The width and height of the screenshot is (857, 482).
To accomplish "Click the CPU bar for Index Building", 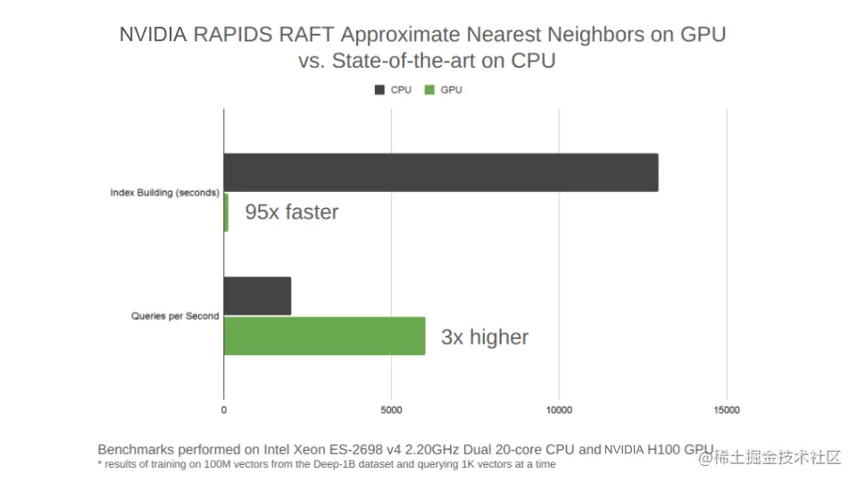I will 440,172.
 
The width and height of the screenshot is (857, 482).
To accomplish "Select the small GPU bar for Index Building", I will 226,212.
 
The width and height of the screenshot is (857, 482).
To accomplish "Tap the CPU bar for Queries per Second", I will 257,295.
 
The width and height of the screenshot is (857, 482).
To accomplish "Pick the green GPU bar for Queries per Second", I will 324,336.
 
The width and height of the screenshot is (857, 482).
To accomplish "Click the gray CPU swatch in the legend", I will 379,90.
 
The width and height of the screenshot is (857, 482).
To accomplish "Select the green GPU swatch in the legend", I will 428,90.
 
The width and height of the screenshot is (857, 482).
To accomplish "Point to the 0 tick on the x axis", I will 223,411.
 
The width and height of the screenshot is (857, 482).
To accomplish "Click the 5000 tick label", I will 391,411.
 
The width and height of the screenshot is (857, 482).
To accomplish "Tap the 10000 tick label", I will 559,411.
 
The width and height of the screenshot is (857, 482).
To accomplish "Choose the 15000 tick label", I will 726,411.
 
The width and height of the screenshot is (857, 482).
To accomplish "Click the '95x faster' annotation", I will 292,212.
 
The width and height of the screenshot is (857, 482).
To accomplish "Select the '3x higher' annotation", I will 485,337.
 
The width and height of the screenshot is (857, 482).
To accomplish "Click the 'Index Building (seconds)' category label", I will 164,192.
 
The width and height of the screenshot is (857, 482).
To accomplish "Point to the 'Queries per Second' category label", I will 175,316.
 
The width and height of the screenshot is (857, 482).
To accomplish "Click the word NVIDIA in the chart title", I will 151,35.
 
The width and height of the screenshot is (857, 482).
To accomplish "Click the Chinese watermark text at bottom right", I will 777,458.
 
